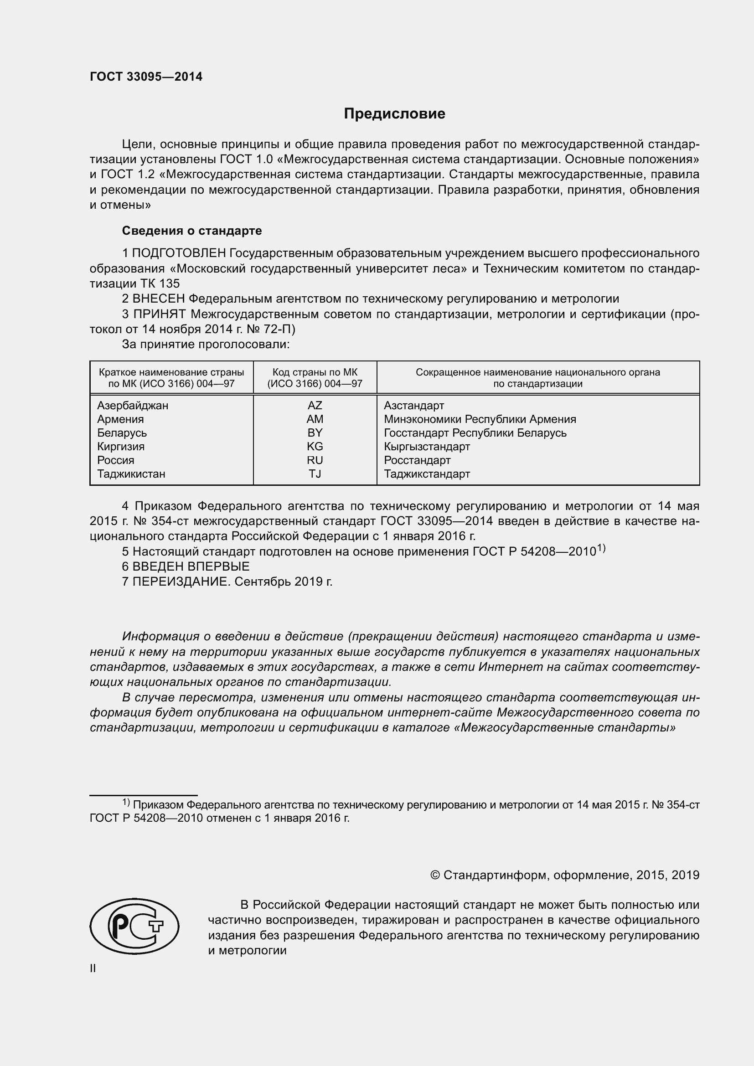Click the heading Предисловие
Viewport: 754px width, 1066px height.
point(394,114)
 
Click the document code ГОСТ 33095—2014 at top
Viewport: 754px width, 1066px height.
point(146,77)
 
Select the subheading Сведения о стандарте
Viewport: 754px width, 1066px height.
point(192,231)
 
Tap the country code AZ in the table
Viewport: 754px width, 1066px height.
point(315,405)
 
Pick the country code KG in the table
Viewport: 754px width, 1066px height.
point(315,447)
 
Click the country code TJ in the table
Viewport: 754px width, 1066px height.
point(315,474)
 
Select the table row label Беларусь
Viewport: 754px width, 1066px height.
point(122,433)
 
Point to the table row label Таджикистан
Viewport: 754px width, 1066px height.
point(131,474)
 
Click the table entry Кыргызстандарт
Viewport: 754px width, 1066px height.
point(427,447)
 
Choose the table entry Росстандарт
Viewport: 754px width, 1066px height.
point(417,460)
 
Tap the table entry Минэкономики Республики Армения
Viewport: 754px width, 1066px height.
point(480,419)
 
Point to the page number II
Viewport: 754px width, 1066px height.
point(93,968)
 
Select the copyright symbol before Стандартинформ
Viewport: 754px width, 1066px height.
point(434,875)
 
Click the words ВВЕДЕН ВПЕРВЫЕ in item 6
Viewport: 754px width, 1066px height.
point(191,566)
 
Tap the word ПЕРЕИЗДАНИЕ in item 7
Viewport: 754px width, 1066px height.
point(181,582)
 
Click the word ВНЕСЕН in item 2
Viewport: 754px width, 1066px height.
point(158,299)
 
